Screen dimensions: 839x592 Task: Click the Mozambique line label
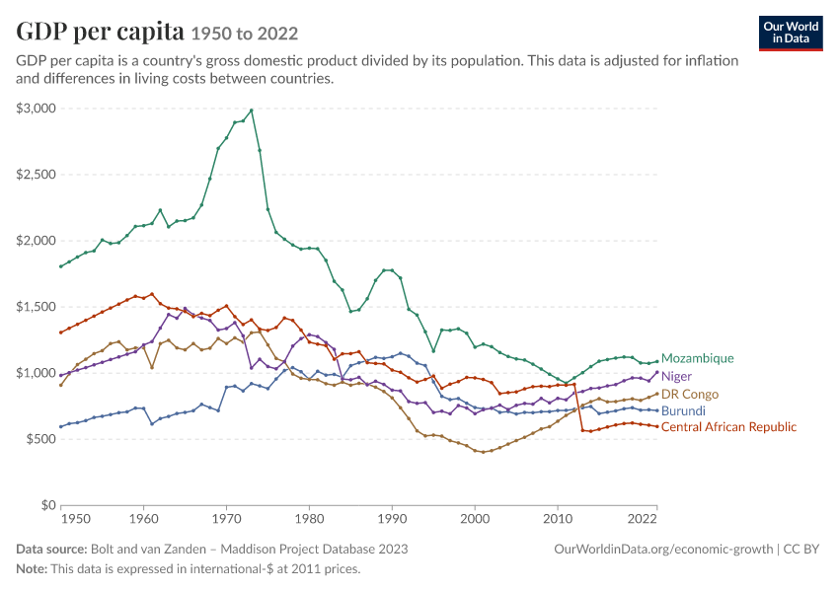(x=697, y=358)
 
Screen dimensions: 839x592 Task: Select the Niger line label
(x=676, y=377)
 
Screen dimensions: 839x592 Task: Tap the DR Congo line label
(x=690, y=394)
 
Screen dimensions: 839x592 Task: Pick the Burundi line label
(x=683, y=410)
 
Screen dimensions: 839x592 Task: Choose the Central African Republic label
(x=728, y=427)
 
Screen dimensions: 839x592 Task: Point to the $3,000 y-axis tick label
(x=36, y=109)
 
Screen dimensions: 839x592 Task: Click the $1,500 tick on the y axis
(x=36, y=307)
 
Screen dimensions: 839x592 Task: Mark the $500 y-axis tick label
(x=41, y=439)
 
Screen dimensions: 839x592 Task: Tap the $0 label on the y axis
(x=48, y=505)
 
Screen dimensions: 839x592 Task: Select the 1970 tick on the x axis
(x=226, y=519)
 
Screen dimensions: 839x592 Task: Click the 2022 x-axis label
(x=643, y=519)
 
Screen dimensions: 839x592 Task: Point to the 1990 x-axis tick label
(x=392, y=519)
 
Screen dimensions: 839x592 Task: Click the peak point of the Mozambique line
(x=252, y=111)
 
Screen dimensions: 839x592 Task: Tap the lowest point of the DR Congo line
(x=484, y=452)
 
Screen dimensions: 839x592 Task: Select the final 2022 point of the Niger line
(x=657, y=372)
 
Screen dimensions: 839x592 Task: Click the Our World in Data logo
(x=791, y=34)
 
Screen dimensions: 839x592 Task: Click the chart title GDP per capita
(x=100, y=32)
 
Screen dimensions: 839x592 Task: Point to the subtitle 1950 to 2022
(x=245, y=35)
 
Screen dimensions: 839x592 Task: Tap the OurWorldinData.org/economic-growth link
(x=663, y=550)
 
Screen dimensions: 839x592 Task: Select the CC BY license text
(x=801, y=550)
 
